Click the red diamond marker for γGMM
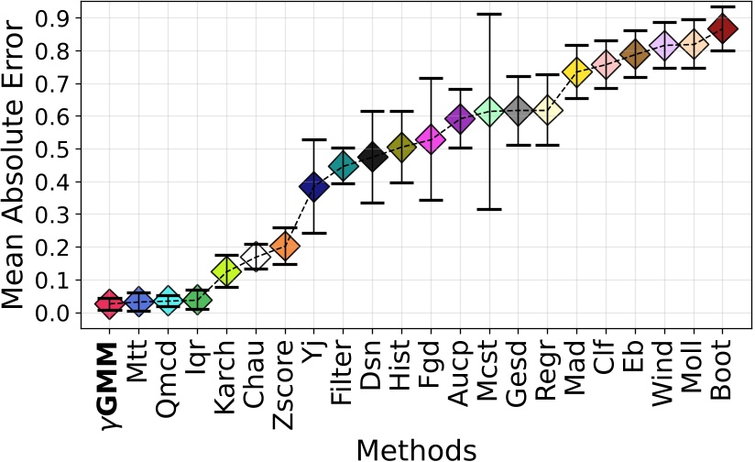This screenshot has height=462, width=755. pos(109,303)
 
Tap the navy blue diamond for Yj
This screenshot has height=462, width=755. pos(313,187)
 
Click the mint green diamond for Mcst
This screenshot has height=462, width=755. pos(489,112)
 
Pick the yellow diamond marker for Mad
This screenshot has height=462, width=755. pos(576,71)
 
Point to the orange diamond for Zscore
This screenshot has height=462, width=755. pos(285,246)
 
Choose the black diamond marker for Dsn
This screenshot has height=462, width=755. pos(372,157)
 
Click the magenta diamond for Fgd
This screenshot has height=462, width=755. pos(431,139)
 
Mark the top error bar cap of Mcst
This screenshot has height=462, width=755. pos(489,15)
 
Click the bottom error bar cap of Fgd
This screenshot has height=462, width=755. pos(431,200)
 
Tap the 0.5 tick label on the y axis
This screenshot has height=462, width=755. pos(53,149)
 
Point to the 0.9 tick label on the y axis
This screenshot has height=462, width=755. pos(53,18)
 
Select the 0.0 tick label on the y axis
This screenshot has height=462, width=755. pos(53,313)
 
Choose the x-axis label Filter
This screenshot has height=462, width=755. pos(343,378)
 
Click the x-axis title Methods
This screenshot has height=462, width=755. pos(416,449)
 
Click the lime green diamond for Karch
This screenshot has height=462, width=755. pos(226,270)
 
